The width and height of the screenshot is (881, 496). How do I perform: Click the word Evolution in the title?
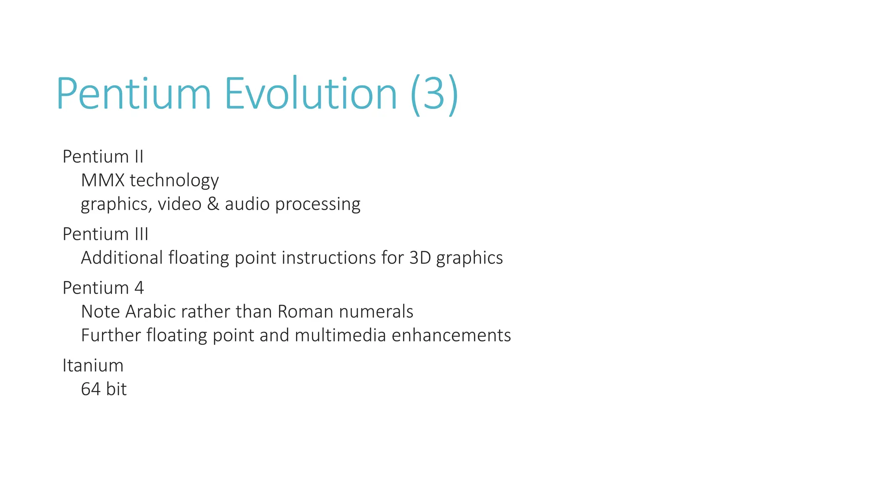(x=310, y=93)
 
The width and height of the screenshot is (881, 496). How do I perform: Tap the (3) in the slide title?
(x=434, y=94)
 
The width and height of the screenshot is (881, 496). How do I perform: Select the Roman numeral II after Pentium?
(x=139, y=157)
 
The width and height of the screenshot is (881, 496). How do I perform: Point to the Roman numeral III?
(x=142, y=234)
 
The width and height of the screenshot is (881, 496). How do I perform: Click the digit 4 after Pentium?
(x=139, y=288)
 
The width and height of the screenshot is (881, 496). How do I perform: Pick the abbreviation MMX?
(x=102, y=180)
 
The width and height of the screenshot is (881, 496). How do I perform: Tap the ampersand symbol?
(x=213, y=204)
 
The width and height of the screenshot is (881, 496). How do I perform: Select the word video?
(x=179, y=204)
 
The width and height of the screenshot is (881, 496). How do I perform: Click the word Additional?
(x=122, y=258)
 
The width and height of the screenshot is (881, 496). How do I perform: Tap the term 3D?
(x=420, y=258)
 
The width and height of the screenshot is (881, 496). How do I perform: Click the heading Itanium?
(x=93, y=366)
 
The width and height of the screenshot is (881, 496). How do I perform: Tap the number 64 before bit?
(x=91, y=389)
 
